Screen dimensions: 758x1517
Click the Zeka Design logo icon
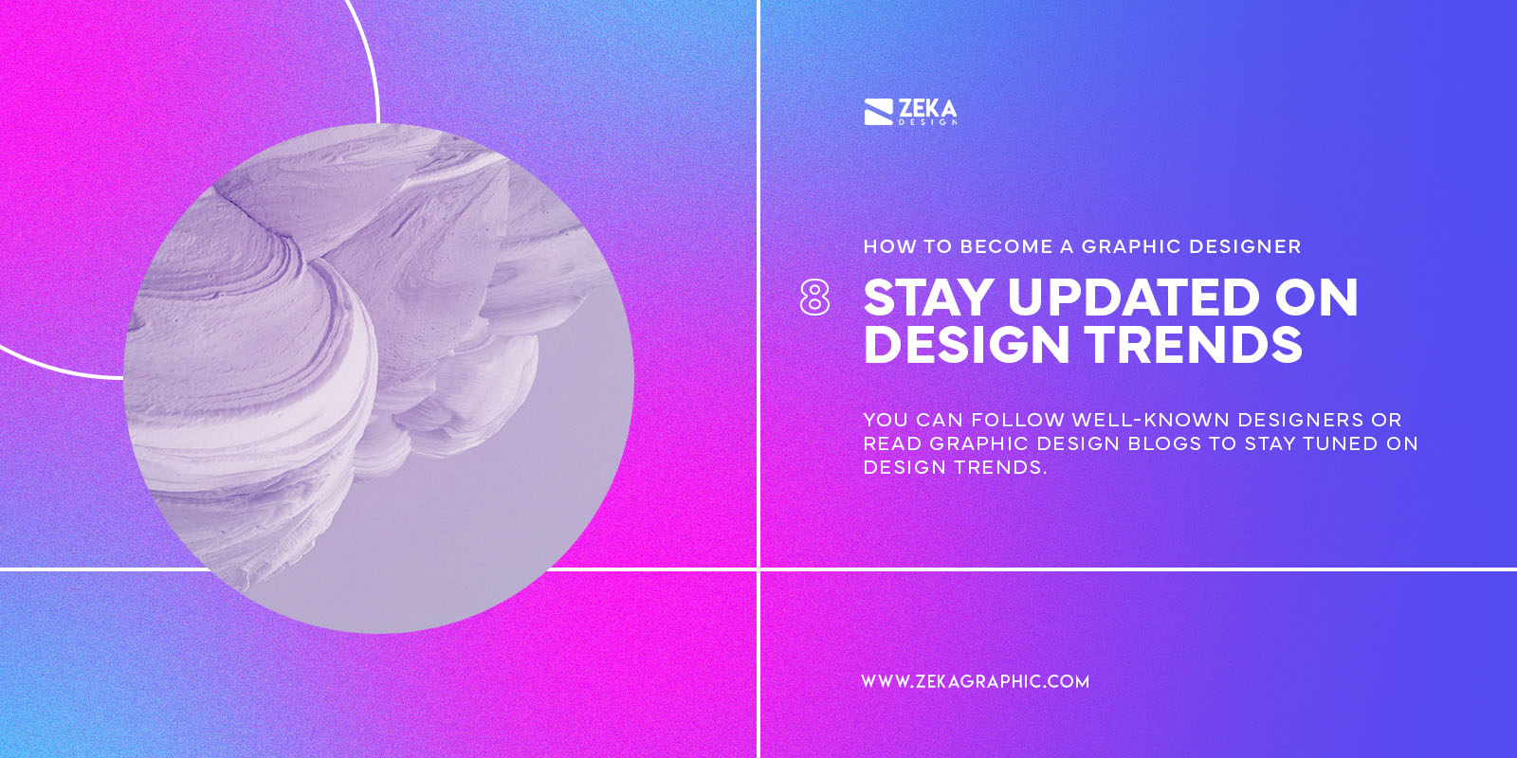(878, 112)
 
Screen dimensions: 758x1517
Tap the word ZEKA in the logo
(927, 108)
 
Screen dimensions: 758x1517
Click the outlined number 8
(814, 298)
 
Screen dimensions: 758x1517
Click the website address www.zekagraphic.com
(975, 681)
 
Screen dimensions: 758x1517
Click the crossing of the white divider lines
(758, 569)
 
